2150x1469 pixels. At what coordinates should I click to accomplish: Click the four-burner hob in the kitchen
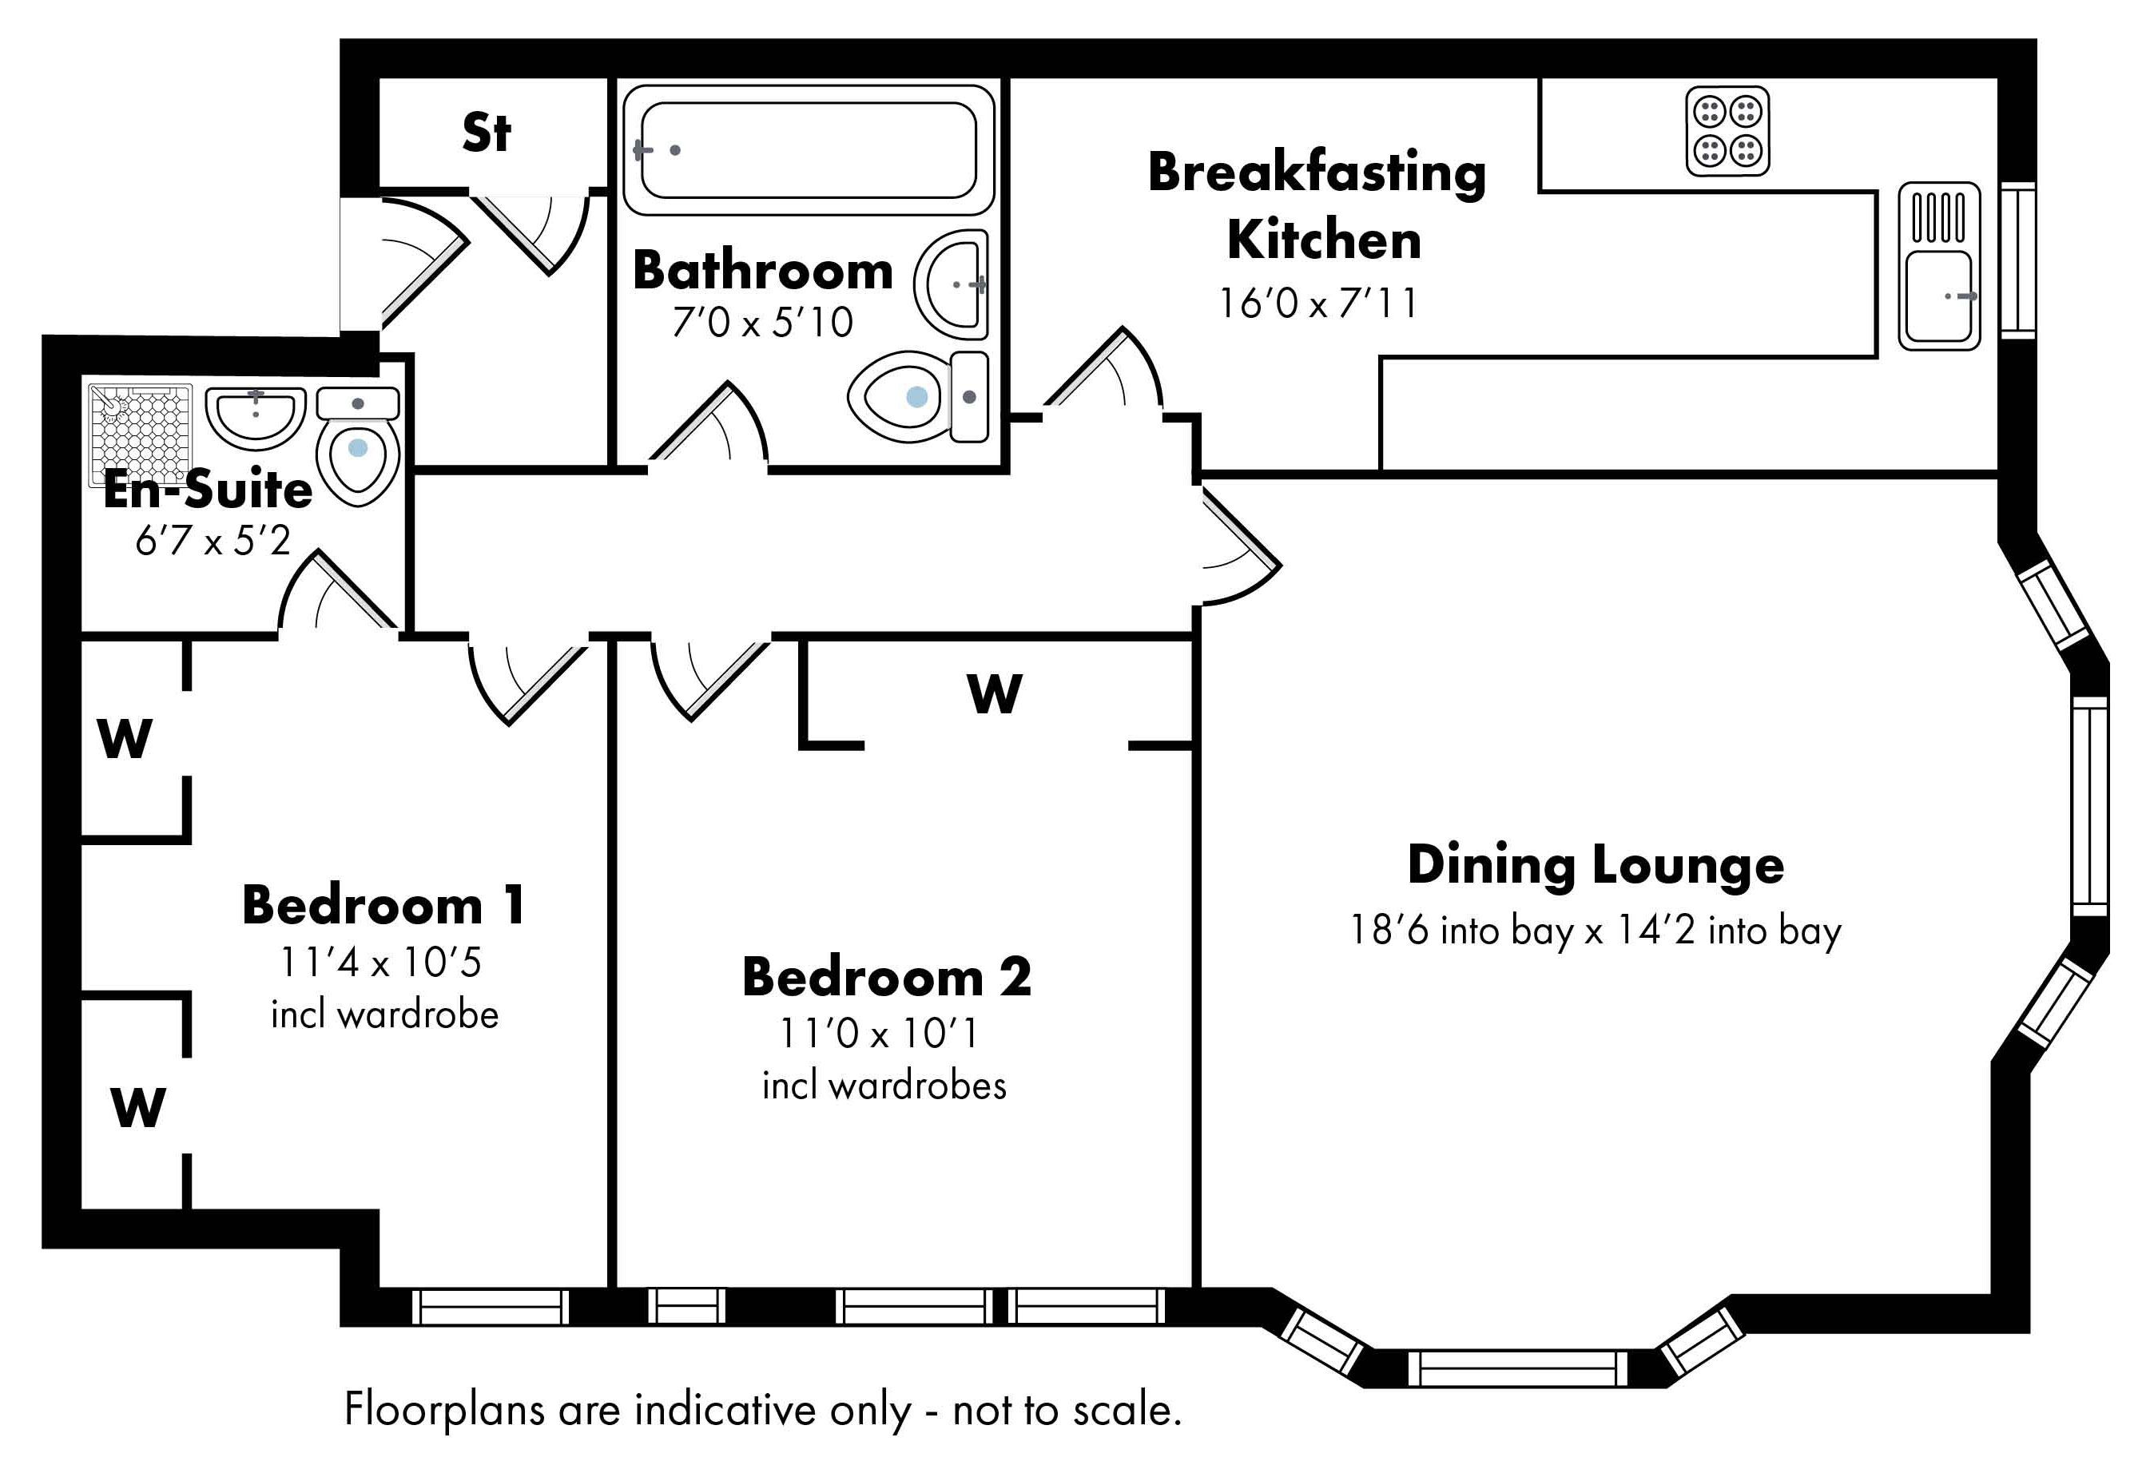(1727, 130)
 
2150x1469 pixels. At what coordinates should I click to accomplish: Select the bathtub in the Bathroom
(808, 150)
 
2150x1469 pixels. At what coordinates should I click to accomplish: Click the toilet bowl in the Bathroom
(899, 397)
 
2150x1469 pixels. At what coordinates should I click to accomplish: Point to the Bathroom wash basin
(950, 285)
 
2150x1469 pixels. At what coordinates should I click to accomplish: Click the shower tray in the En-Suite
(140, 435)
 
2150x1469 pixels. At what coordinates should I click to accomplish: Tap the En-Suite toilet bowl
(358, 462)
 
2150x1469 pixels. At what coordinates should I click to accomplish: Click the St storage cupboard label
(486, 133)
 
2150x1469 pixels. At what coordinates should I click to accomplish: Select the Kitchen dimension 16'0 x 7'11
(1317, 303)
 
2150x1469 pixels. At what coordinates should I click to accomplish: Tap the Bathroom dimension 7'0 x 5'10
(762, 322)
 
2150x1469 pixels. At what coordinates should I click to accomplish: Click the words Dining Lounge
(1596, 866)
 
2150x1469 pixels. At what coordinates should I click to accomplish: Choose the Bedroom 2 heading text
(886, 977)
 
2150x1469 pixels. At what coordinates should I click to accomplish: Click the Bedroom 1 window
(491, 1307)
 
